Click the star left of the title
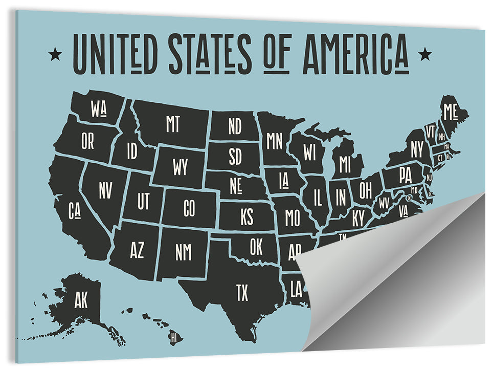click(55, 53)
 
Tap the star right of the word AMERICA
click(424, 53)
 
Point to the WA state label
click(98, 108)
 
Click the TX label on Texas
click(242, 293)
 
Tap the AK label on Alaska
click(81, 300)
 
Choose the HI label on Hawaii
click(174, 337)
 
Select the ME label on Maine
click(451, 111)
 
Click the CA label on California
click(75, 209)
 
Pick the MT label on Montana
click(173, 124)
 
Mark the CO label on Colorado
click(189, 208)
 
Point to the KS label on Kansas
click(246, 217)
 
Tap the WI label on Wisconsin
click(309, 152)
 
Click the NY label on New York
click(417, 150)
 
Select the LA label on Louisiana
click(296, 290)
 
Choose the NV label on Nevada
click(105, 191)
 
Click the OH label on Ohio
click(365, 191)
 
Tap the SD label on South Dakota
click(235, 157)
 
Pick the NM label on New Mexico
click(183, 252)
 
